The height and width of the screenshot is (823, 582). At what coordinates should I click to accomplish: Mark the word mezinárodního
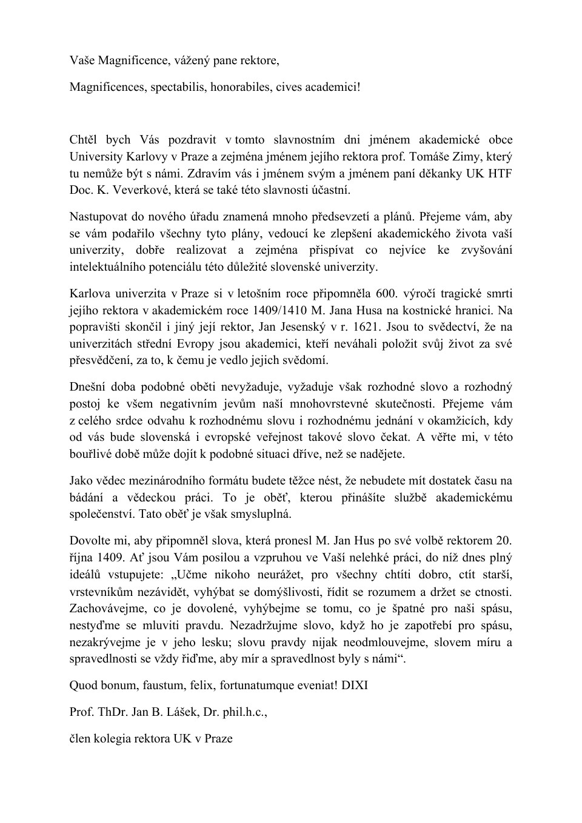(x=159, y=481)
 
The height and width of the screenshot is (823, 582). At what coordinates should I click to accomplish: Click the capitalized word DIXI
(x=355, y=686)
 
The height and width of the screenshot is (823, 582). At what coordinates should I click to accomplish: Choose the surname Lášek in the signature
(x=189, y=712)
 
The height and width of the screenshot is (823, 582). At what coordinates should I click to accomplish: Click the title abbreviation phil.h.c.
(x=241, y=712)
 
